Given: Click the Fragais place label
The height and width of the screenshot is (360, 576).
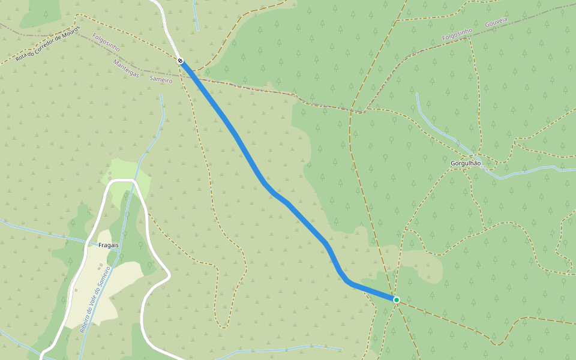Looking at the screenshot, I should click(108, 245).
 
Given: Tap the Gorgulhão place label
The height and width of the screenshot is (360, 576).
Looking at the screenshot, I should click(466, 163).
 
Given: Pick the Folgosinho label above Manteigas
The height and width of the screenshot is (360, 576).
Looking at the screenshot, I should click(106, 42).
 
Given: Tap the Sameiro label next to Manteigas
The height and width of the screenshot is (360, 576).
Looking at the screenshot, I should click(160, 80).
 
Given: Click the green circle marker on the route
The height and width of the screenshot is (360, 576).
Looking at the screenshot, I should click(396, 299).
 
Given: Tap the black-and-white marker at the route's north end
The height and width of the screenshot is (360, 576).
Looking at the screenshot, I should click(180, 61).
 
